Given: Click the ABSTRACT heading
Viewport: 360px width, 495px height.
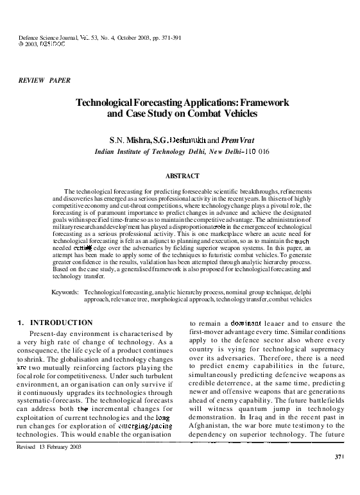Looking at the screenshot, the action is click(182, 176).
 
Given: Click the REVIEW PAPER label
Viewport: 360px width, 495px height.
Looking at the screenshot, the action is click(46, 80).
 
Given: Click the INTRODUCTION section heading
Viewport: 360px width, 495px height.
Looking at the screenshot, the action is click(62, 322).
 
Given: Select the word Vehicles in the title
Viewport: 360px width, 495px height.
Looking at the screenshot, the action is click(234, 114).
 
